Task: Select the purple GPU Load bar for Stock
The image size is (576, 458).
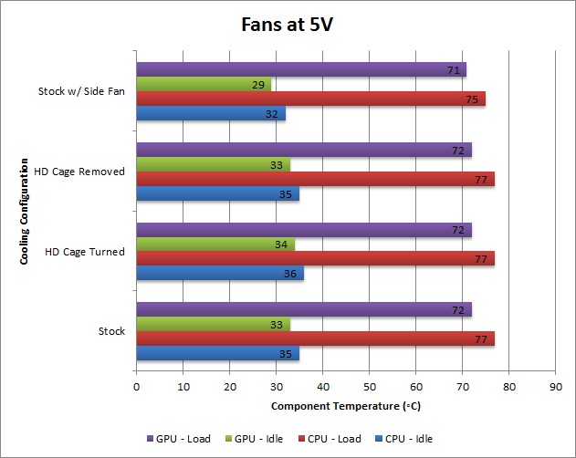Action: (303, 310)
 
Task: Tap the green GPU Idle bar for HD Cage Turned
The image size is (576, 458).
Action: (215, 245)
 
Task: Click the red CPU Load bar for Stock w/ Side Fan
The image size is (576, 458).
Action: (310, 99)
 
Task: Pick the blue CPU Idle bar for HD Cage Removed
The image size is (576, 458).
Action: (217, 194)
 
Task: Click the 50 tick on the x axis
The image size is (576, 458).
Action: (369, 387)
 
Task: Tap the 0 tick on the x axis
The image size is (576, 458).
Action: (136, 387)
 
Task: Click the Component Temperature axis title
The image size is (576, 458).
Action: (346, 404)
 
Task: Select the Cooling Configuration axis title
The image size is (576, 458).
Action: (24, 209)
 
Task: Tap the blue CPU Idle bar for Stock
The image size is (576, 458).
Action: (217, 354)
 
